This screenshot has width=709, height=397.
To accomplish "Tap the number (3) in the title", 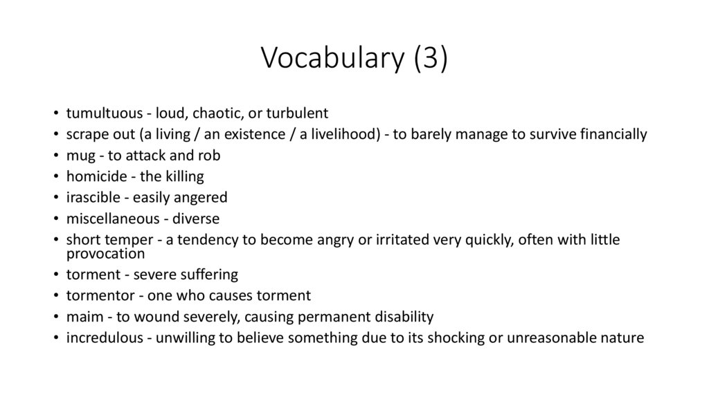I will click(431, 59).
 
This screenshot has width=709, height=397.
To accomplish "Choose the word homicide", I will click(94, 176).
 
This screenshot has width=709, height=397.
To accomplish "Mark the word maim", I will click(82, 317).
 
